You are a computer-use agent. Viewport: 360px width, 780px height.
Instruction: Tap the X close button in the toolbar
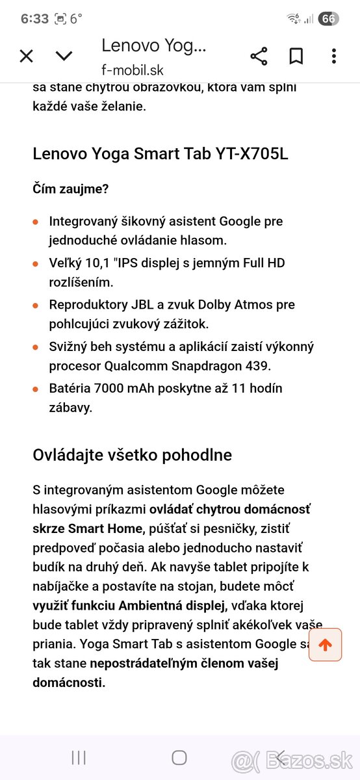(x=26, y=56)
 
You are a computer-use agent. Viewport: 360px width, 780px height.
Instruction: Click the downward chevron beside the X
(x=64, y=56)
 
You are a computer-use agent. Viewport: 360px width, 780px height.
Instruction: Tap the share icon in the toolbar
(x=259, y=56)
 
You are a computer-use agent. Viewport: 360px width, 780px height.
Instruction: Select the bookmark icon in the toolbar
(x=296, y=56)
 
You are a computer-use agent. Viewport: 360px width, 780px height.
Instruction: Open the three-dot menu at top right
(x=333, y=56)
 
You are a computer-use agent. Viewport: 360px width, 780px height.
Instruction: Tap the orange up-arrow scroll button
(x=325, y=645)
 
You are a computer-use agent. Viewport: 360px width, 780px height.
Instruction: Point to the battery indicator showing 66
(x=328, y=19)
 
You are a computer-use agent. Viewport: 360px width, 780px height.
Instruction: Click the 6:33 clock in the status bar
(x=34, y=19)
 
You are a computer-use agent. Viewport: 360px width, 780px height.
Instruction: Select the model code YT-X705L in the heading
(x=250, y=154)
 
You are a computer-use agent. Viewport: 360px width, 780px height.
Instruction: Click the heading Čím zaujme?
(x=71, y=189)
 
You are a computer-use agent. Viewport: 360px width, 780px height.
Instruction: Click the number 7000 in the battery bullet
(x=114, y=389)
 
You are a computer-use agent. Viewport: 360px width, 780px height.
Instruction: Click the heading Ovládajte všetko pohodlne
(x=133, y=455)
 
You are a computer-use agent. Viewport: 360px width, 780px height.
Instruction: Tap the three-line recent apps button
(x=78, y=757)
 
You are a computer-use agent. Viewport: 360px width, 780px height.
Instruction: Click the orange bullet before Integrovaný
(x=36, y=222)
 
